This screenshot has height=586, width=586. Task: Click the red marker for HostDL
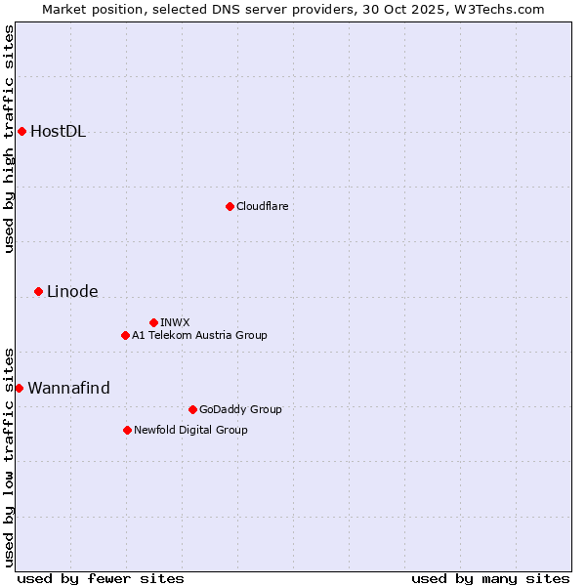(x=21, y=132)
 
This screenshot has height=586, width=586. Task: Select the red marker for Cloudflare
(x=230, y=206)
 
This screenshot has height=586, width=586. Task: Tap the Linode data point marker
(x=38, y=291)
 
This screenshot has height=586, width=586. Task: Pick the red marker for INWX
(x=153, y=322)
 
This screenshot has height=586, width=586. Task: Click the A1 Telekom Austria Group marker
(x=125, y=335)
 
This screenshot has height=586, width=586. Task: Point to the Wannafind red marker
(x=19, y=388)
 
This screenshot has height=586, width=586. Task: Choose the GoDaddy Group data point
(x=192, y=409)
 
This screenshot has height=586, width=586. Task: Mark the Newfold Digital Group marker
(x=127, y=430)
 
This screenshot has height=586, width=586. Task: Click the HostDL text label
(x=58, y=132)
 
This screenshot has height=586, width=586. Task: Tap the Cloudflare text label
(x=262, y=206)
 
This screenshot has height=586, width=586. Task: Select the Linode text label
(x=72, y=291)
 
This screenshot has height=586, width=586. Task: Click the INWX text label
(x=175, y=322)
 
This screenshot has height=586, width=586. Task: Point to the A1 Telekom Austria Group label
(x=199, y=335)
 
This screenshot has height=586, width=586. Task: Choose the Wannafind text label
(x=68, y=388)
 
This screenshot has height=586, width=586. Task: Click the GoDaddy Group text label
(x=239, y=409)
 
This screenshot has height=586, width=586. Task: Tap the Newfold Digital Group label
(x=190, y=430)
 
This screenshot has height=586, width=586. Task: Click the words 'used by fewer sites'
(x=101, y=578)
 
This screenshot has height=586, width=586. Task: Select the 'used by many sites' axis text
(x=490, y=578)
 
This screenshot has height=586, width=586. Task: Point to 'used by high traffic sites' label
(x=9, y=139)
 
